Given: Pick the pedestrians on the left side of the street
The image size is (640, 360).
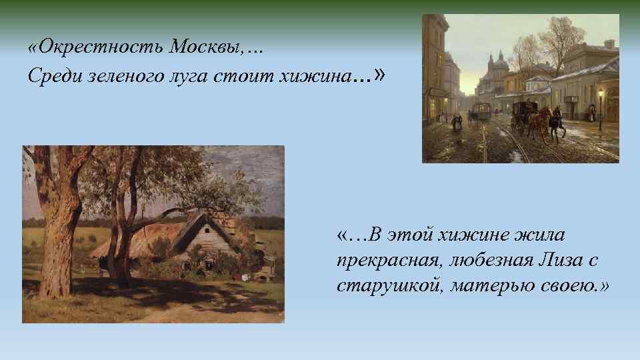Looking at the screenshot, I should pyautogui.click(x=457, y=121).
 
